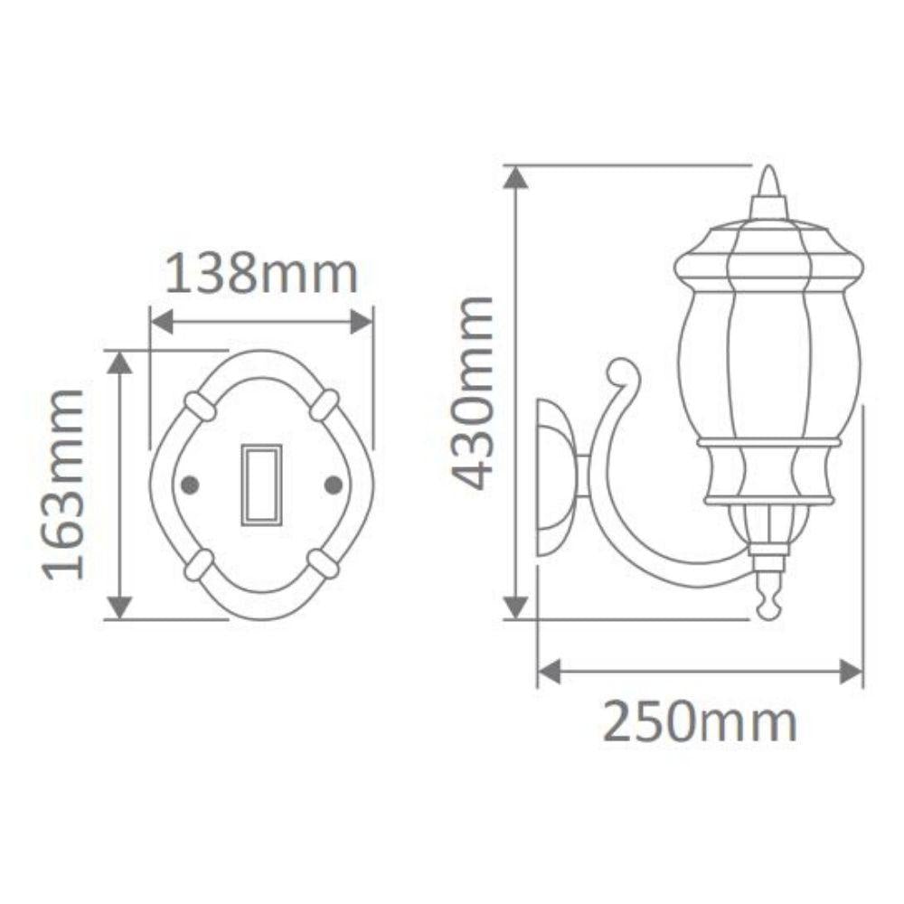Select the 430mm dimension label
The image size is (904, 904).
tap(474, 392)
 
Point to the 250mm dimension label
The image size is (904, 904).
tap(700, 722)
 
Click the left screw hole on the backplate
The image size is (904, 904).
tap(190, 485)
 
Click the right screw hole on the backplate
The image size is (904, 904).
tap(333, 485)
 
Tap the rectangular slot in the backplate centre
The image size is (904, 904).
tap(261, 485)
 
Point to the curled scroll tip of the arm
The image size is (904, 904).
tap(622, 372)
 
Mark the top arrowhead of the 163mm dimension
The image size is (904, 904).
tap(119, 362)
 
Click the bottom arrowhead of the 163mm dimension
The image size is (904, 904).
tap(119, 607)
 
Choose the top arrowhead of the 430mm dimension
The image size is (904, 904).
tap(515, 178)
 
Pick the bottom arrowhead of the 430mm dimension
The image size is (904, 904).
tap(515, 607)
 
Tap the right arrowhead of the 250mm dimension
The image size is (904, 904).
tap(852, 672)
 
